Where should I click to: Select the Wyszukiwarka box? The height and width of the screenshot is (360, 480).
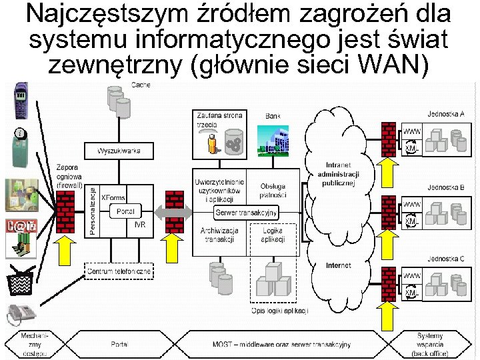coord(118,151)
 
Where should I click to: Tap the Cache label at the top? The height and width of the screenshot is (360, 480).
coord(141,85)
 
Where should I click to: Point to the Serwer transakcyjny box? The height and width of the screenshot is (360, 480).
coord(246,213)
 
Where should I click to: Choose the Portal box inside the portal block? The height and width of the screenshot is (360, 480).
coord(125,211)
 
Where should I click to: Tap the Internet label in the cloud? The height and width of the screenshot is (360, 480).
coord(338,265)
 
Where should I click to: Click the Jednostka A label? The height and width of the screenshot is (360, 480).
coord(445,114)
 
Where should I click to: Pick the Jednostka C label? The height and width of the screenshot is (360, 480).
coord(445,258)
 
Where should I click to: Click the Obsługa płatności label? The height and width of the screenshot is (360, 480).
coord(273,190)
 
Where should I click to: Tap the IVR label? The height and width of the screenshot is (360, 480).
coord(139,225)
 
